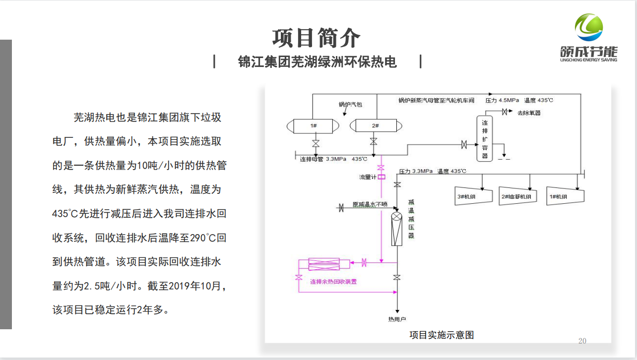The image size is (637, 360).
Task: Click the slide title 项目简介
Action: tap(316, 38)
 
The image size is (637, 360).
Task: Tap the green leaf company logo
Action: tap(588, 27)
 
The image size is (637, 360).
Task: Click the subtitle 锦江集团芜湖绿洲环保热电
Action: tap(318, 62)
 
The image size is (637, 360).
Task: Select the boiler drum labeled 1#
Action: tap(314, 125)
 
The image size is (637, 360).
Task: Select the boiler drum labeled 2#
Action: tap(375, 125)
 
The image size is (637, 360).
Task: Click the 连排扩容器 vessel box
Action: tap(485, 138)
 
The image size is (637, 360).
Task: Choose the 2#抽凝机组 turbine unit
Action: tap(516, 196)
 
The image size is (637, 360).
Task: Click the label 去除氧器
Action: tap(529, 113)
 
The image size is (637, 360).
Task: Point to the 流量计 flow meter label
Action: tap(368, 177)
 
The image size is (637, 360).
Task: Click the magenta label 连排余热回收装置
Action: tap(333, 282)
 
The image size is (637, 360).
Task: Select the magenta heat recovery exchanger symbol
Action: tap(324, 264)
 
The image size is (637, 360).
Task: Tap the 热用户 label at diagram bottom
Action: tap(397, 319)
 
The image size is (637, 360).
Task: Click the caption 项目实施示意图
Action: tap(441, 335)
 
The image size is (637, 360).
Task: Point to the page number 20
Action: tap(582, 341)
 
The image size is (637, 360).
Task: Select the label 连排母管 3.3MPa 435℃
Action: tap(333, 159)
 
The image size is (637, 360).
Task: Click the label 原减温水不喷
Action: tap(370, 204)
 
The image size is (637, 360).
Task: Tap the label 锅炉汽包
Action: tap(350, 105)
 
